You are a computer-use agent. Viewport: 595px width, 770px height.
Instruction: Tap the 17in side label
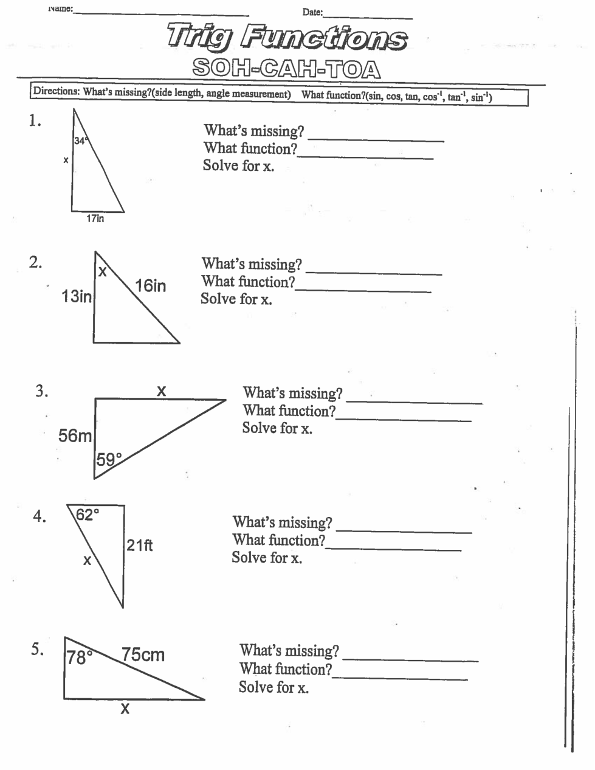click(x=95, y=218)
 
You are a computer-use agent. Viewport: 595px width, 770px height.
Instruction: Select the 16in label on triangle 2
click(x=150, y=285)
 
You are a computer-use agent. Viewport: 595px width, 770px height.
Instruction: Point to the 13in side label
click(x=77, y=296)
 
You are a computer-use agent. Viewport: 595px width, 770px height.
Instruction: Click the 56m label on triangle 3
click(x=75, y=435)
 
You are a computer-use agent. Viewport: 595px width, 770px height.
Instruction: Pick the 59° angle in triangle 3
click(x=109, y=459)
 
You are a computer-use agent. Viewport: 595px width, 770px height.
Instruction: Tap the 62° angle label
click(x=87, y=515)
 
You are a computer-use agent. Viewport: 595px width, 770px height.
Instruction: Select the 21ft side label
click(x=140, y=545)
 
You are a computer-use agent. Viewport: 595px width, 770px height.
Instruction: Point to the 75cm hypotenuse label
click(x=143, y=654)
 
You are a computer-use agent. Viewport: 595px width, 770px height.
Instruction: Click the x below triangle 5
click(x=125, y=709)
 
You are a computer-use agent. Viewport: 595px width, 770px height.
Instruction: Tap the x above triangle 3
click(x=161, y=391)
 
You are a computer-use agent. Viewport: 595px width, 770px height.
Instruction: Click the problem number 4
click(x=39, y=517)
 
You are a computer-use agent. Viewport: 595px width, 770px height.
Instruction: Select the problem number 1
click(x=35, y=121)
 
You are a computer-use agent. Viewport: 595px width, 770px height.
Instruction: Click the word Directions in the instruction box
click(x=56, y=92)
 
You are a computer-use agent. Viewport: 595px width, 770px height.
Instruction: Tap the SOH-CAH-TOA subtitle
click(x=286, y=69)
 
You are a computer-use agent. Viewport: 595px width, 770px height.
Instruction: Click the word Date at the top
click(x=312, y=12)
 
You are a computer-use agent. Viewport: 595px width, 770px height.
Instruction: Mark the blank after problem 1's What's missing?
click(x=376, y=140)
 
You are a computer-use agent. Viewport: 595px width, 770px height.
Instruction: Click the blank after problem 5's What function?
click(x=400, y=678)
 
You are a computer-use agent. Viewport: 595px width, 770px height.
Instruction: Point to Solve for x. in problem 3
click(x=277, y=428)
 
